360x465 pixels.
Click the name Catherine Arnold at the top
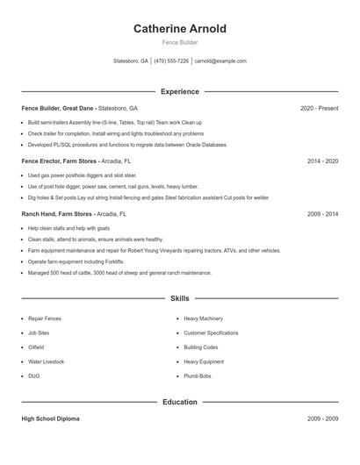click(179, 29)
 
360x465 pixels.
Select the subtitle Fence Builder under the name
click(179, 42)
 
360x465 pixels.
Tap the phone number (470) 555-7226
click(171, 61)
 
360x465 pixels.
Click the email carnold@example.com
click(220, 61)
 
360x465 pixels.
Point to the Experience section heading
click(179, 91)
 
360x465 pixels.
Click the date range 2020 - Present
click(319, 108)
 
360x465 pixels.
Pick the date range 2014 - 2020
click(322, 161)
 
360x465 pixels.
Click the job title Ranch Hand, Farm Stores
click(56, 213)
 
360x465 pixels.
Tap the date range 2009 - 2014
click(322, 213)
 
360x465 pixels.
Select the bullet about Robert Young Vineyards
click(154, 250)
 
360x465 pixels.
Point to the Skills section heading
click(179, 298)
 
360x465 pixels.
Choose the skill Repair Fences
click(44, 318)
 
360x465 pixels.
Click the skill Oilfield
click(37, 347)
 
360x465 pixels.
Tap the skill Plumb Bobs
click(198, 376)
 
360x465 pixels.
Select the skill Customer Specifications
click(211, 333)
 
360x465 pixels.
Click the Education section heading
click(179, 402)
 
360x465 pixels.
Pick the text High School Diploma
click(50, 419)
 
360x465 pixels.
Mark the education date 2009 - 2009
click(322, 419)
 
